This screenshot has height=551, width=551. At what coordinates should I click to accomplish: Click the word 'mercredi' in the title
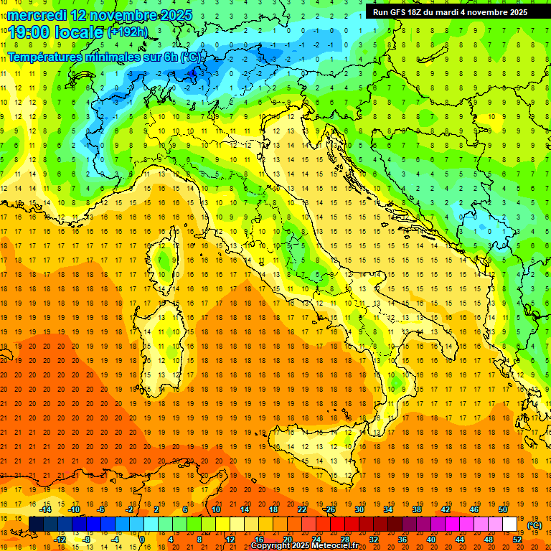pyautogui.click(x=36, y=14)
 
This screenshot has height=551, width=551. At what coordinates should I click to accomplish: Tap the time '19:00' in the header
pyautogui.click(x=29, y=32)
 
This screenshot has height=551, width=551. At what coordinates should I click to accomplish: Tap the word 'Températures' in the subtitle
pyautogui.click(x=42, y=56)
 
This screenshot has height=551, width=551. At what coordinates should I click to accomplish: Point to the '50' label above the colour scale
pyautogui.click(x=502, y=509)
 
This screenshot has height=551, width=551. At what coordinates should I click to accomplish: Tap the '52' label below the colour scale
pyautogui.click(x=517, y=540)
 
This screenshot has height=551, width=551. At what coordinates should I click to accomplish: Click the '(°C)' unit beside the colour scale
pyautogui.click(x=534, y=525)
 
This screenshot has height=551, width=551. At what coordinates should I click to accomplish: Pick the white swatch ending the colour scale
pyautogui.click(x=509, y=524)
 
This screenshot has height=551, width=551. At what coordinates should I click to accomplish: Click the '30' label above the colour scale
pyautogui.click(x=359, y=509)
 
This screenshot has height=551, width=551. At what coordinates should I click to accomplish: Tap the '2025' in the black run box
pyautogui.click(x=515, y=12)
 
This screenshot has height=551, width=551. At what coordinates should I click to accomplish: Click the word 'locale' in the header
pyautogui.click(x=80, y=32)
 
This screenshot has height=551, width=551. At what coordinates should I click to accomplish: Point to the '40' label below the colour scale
pyautogui.click(x=430, y=540)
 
